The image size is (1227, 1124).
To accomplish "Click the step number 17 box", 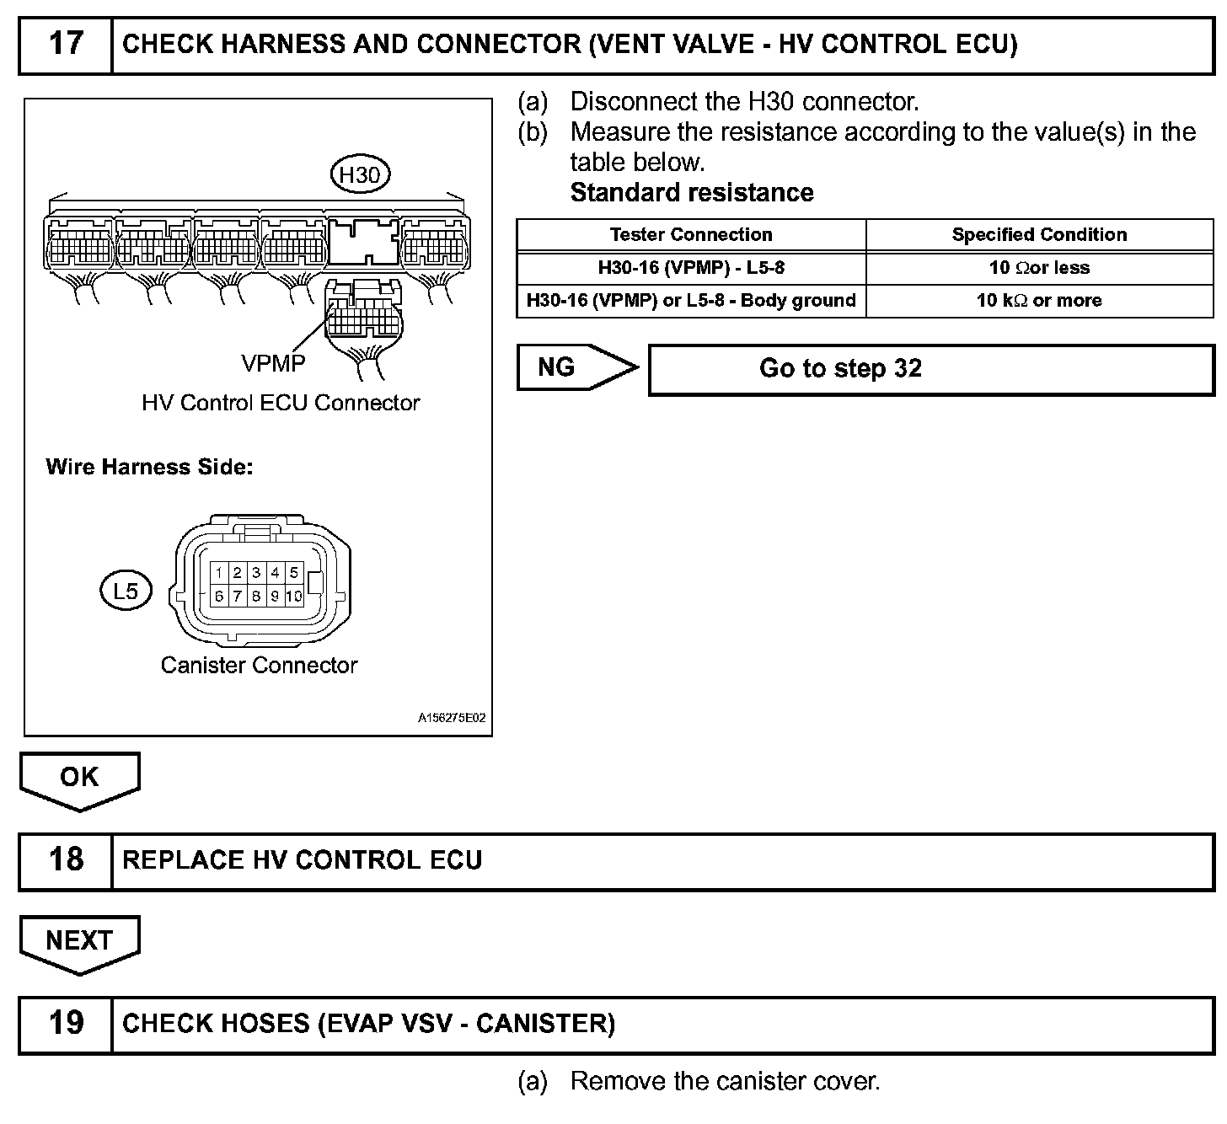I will [x=66, y=44].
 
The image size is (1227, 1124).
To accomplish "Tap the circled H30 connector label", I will [x=360, y=175].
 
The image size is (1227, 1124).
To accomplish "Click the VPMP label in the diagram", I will [x=273, y=363].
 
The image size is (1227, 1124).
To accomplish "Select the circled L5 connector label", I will [x=125, y=591].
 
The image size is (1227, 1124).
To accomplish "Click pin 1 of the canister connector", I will [x=219, y=573].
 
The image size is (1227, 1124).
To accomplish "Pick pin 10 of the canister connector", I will [x=293, y=596].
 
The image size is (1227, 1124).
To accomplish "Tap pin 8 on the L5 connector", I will [x=256, y=596].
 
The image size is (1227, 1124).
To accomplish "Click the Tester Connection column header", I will [x=691, y=234].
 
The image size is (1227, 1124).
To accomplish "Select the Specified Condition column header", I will [x=1039, y=234].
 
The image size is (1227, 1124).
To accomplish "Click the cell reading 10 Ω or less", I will [x=1039, y=268].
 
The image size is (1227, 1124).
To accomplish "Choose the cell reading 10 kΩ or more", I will [x=1039, y=301].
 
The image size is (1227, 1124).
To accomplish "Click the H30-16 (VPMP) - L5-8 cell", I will [x=691, y=268].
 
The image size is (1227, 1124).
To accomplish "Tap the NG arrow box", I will [x=573, y=367].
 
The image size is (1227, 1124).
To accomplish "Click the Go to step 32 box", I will [x=930, y=369].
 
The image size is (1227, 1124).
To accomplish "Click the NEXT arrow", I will [x=79, y=941].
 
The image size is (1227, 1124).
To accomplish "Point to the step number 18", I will [x=66, y=860].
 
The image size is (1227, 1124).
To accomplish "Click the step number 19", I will [x=66, y=1024].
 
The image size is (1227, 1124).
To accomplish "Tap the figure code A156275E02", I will [x=452, y=719].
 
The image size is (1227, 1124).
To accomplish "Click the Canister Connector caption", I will [x=259, y=666].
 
